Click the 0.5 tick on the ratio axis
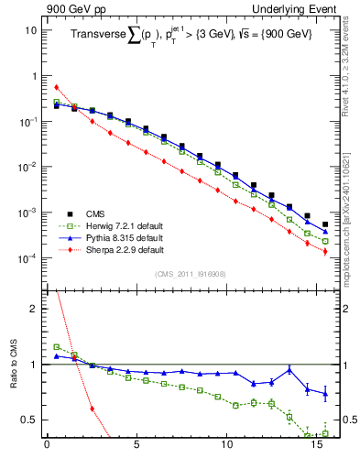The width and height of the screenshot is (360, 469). click(28, 420)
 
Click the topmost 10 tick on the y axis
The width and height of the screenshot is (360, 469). click(29, 29)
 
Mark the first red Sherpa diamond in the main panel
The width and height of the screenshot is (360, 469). click(56, 87)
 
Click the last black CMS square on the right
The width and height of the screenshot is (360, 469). click(325, 224)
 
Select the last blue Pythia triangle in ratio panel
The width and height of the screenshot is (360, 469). click(325, 394)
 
